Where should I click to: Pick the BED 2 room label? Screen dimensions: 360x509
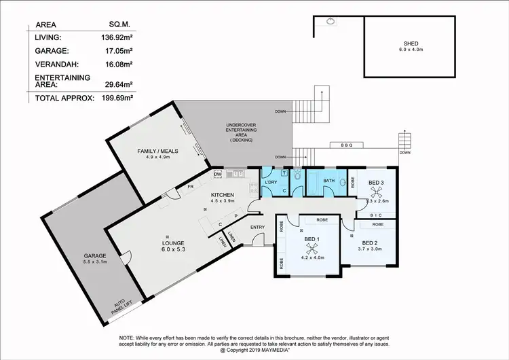[x=373, y=242]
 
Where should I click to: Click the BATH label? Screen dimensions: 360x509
[x=329, y=181]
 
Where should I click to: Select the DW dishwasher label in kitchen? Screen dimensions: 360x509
[x=217, y=175]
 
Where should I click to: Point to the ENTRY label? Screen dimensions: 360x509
[x=257, y=227]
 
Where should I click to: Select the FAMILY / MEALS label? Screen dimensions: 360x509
[x=157, y=151]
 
